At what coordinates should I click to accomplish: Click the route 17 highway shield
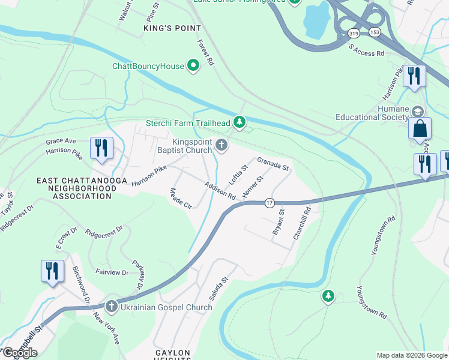(270, 203)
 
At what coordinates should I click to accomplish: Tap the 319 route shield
(354, 34)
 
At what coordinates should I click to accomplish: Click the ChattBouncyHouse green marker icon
(193, 65)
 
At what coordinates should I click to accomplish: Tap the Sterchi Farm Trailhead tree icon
(240, 123)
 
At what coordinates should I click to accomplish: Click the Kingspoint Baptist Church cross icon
(221, 145)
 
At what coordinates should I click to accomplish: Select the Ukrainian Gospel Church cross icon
(111, 307)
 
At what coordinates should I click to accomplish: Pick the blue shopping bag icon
(420, 129)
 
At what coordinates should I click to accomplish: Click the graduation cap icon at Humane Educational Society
(418, 112)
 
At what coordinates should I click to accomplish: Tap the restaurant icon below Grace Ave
(101, 148)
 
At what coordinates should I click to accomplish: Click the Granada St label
(274, 163)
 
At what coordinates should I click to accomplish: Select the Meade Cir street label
(181, 198)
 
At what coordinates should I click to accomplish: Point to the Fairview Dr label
(112, 272)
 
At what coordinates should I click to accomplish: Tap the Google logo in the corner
(19, 353)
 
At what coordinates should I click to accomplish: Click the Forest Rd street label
(206, 53)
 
